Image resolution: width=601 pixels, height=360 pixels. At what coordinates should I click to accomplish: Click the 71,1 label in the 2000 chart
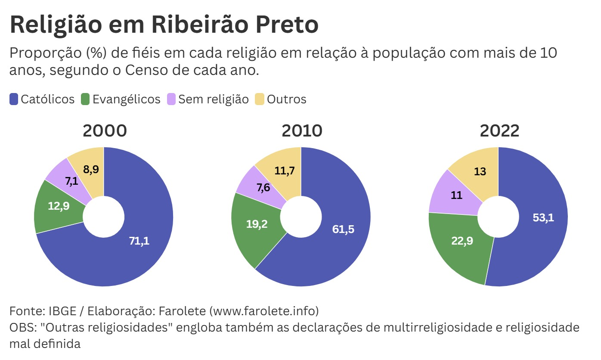[x=139, y=241]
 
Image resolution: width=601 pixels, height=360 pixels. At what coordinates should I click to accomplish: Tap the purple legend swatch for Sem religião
[x=171, y=99]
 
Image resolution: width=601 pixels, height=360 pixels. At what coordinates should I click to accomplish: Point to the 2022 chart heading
[x=499, y=131]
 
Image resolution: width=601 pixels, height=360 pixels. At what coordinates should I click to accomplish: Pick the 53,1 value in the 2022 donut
[x=543, y=217]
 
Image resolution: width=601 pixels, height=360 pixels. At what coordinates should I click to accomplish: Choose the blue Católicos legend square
[x=14, y=99]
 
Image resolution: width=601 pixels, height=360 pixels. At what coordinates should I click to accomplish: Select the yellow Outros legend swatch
[x=260, y=99]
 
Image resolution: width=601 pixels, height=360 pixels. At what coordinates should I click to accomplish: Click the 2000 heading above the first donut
[x=105, y=131]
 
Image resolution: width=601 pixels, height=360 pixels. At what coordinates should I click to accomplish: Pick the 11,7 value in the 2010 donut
[x=284, y=171]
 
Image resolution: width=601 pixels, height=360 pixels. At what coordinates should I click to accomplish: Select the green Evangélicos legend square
[x=85, y=99]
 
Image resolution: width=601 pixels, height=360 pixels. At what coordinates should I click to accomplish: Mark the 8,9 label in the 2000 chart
[x=90, y=169]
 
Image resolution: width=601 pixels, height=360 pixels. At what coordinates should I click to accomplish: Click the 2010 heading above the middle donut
[x=302, y=131]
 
